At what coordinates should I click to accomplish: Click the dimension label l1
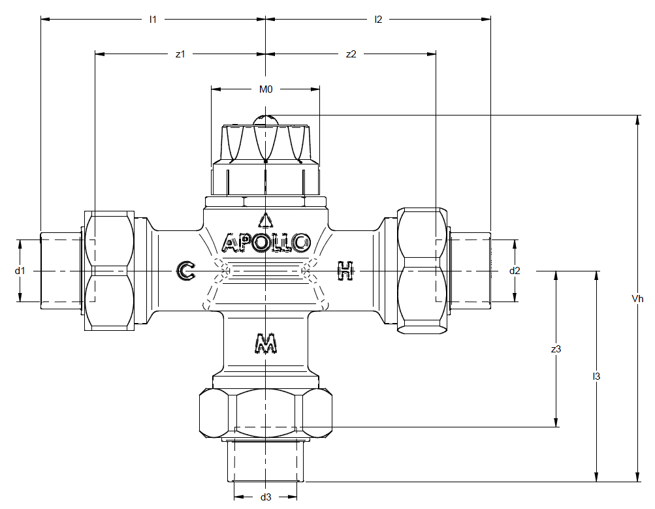(x=153, y=19)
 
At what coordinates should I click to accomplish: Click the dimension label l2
(x=378, y=19)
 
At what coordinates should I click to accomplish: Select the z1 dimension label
(x=180, y=54)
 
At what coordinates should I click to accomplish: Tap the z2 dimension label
(x=351, y=54)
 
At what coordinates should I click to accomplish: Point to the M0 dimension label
(x=265, y=89)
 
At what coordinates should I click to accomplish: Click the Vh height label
(x=637, y=299)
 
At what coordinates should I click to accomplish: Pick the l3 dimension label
(x=596, y=377)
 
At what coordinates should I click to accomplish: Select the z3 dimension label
(x=556, y=349)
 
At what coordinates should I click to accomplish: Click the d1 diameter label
(x=20, y=270)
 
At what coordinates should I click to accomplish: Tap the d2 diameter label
(x=515, y=270)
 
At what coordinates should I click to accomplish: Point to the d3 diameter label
(x=266, y=497)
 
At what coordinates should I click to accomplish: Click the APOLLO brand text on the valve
(x=266, y=243)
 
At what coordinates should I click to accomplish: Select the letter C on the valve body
(x=186, y=270)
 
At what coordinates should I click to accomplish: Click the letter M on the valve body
(x=264, y=343)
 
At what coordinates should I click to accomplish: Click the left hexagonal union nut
(x=109, y=270)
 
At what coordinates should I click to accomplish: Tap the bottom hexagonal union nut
(x=266, y=414)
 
